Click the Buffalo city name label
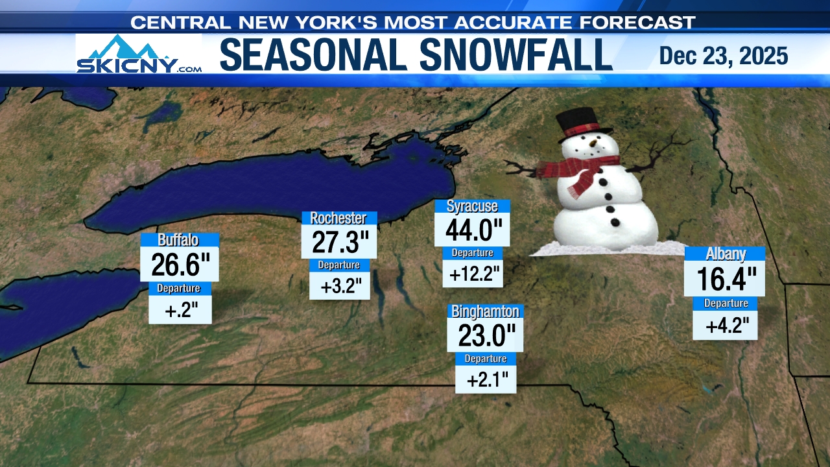178,240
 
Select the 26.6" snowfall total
179,265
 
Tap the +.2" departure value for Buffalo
180,311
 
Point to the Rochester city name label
338,218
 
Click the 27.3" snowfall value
340,242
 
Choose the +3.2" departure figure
339,285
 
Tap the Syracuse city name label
472,206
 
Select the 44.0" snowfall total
472,230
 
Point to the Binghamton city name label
486,311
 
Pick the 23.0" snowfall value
486,335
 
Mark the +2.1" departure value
486,379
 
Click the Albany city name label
726,254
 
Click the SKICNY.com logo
139,54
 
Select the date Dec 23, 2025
723,56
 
